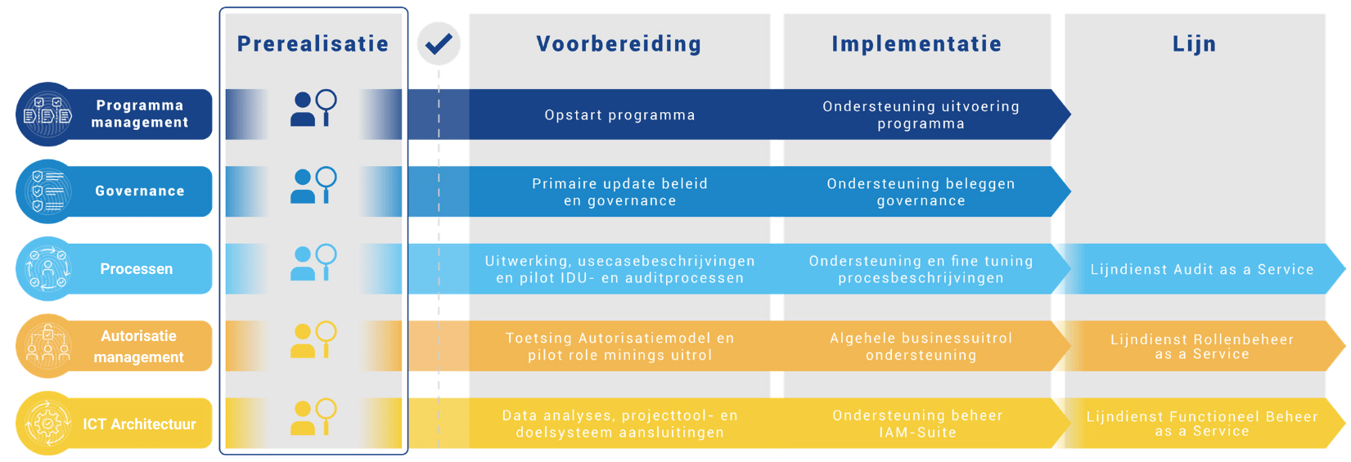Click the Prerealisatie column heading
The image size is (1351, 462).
[313, 43]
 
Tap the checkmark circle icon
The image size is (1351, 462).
[439, 43]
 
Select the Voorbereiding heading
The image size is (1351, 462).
[619, 43]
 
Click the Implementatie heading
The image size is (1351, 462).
[916, 43]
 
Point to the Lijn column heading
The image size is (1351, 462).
[1194, 43]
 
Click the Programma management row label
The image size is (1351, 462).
[139, 114]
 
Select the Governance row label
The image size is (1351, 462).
[139, 191]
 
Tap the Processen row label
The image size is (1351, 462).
[136, 269]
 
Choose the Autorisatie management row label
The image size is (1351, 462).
[138, 346]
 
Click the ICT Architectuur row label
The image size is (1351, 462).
[139, 424]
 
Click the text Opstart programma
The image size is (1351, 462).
[619, 115]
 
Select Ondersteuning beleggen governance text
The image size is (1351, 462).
[921, 192]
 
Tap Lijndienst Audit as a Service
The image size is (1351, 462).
[1201, 269]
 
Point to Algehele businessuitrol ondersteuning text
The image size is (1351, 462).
[921, 346]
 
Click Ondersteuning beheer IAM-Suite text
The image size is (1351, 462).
[917, 424]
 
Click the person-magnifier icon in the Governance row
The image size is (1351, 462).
[313, 186]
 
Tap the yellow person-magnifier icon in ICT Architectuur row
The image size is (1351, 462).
[313, 417]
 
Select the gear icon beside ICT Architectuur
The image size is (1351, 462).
[47, 424]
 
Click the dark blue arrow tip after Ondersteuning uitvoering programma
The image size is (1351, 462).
[1061, 114]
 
